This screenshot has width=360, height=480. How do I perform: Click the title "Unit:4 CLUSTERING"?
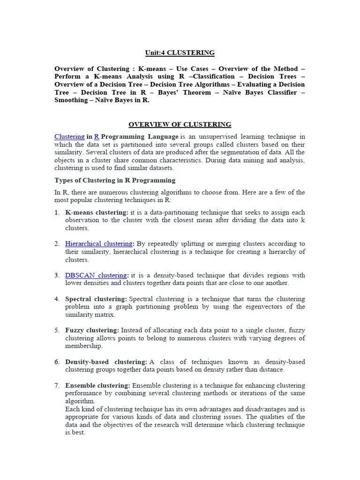pos(180,52)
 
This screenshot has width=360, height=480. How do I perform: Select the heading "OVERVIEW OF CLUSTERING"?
pos(180,124)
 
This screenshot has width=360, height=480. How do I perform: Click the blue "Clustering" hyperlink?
pos(69,136)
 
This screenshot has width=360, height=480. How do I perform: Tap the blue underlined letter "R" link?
pos(97,136)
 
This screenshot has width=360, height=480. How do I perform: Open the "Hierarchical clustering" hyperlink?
pos(99,244)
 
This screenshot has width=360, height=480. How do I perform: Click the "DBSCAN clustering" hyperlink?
pos(96,275)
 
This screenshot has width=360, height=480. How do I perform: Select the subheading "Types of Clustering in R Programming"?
pos(115,180)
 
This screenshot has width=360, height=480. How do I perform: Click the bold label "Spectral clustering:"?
pos(96,299)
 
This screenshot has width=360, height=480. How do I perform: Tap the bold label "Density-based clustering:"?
pos(106,362)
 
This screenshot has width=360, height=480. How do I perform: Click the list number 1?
pos(56,212)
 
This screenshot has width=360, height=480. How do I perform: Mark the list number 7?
pos(56,385)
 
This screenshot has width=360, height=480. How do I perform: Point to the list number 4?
pos(56,299)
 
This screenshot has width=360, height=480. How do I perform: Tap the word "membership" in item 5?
pos(83,346)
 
